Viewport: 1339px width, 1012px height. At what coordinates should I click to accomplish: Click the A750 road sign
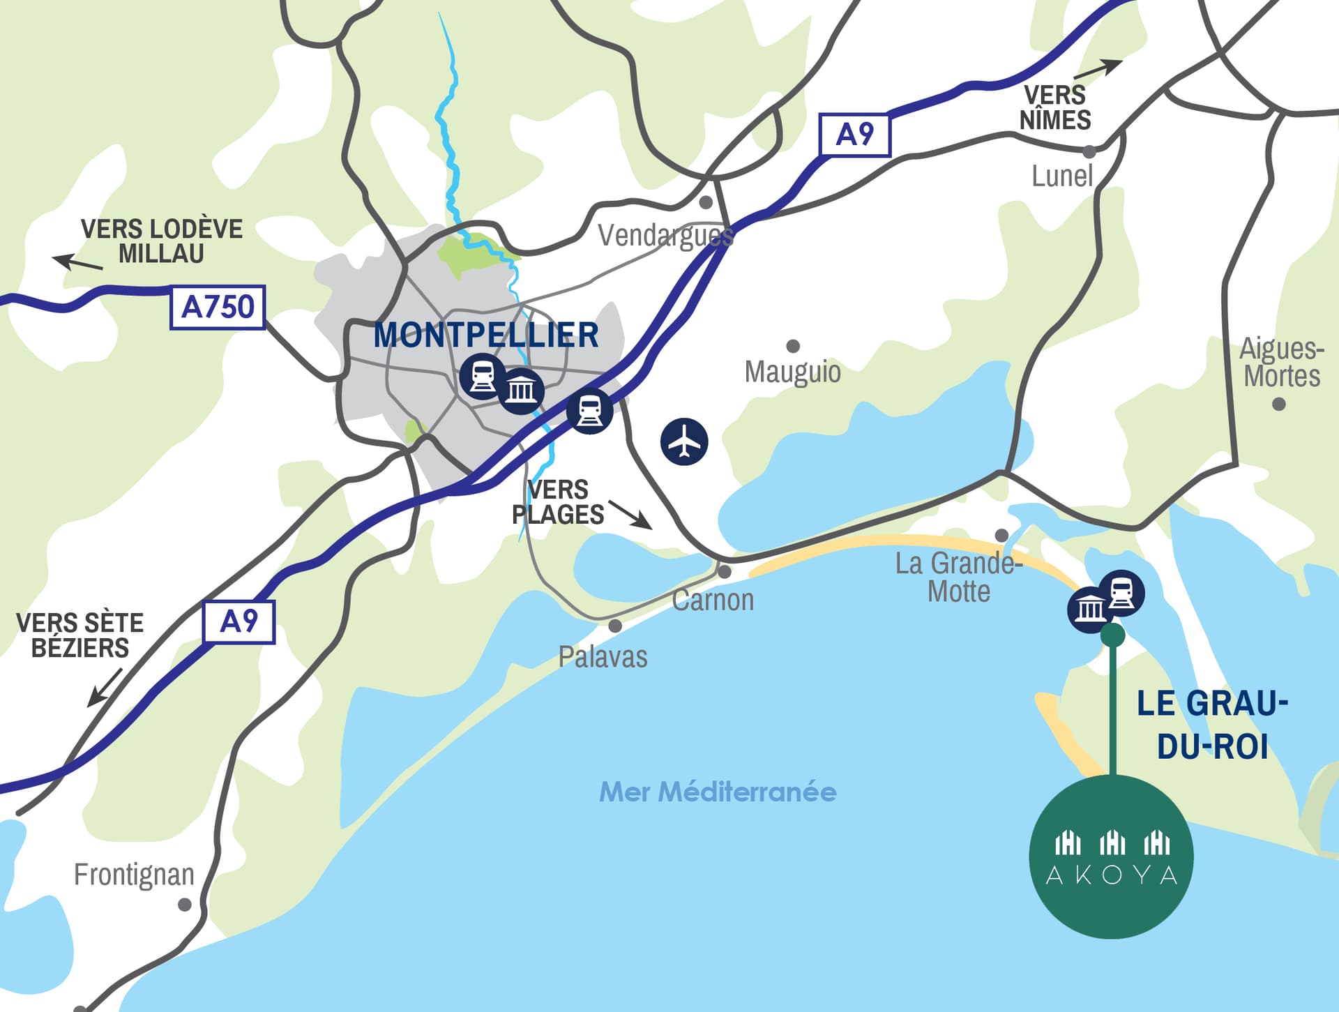[218, 307]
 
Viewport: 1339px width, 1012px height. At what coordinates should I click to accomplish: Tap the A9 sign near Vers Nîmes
[854, 135]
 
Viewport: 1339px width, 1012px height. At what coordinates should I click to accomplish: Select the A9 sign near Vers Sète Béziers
[239, 621]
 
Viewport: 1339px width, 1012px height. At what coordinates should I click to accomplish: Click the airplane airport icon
[684, 441]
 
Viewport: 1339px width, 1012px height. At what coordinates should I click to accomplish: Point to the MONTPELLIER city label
[486, 335]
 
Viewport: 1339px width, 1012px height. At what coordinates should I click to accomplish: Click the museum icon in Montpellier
[521, 391]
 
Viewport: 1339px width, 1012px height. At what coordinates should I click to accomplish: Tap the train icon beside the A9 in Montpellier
[590, 411]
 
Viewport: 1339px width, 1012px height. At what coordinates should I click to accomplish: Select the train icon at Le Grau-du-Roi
[1121, 593]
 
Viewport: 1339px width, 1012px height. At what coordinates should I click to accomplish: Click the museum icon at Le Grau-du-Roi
[1089, 610]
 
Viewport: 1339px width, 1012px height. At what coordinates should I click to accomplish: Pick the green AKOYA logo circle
[1111, 857]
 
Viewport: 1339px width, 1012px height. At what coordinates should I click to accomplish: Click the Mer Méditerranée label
[718, 792]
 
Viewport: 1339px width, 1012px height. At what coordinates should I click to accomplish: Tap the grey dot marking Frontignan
[185, 905]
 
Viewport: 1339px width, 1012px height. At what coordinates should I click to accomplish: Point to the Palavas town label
[603, 657]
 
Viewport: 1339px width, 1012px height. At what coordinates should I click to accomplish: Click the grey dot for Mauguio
[793, 346]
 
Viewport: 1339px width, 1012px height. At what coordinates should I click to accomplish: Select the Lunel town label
[1061, 176]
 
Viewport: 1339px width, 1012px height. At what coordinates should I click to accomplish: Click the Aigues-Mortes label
[1282, 363]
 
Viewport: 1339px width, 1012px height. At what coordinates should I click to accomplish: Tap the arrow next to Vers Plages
[630, 514]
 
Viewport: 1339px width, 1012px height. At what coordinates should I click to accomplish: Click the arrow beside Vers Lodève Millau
[77, 263]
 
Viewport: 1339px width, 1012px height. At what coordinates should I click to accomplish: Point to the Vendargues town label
[665, 236]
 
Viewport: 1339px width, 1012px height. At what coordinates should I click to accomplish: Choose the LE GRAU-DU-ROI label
[1212, 725]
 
